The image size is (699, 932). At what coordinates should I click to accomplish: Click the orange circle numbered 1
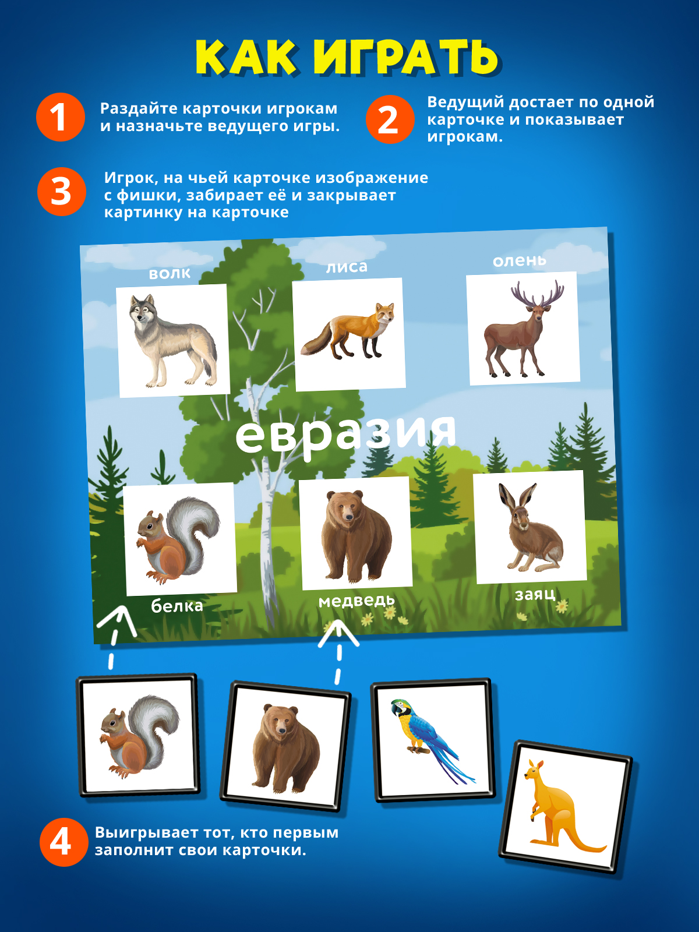click(61, 116)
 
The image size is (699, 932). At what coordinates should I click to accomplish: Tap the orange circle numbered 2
click(390, 119)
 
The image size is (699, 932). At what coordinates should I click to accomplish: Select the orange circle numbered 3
click(62, 192)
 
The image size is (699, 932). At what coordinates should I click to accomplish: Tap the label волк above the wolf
click(170, 273)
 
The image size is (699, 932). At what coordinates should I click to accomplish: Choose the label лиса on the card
click(347, 267)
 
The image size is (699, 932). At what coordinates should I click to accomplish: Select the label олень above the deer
click(520, 260)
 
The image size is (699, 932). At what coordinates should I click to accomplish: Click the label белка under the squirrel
click(177, 606)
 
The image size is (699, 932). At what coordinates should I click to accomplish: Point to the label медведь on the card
click(356, 601)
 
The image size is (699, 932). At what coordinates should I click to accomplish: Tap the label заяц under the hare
click(535, 595)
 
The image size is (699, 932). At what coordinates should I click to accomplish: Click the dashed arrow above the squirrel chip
click(115, 637)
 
